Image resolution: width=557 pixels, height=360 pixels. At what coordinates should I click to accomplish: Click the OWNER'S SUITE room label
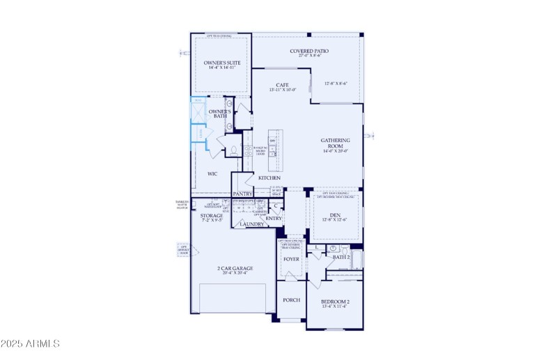pos(222,63)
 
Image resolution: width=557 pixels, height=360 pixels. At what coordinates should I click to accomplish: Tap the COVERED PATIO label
pos(309,51)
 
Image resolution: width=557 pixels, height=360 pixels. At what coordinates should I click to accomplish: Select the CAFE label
pos(282,85)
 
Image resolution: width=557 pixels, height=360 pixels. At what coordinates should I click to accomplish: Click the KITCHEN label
pos(269,178)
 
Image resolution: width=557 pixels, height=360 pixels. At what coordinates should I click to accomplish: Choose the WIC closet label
pos(212,174)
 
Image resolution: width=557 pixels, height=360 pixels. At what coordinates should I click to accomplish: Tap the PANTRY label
pos(242,194)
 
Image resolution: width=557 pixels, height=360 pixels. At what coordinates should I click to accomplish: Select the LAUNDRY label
pos(251,224)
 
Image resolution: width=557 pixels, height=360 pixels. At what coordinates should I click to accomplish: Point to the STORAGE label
pos(212,216)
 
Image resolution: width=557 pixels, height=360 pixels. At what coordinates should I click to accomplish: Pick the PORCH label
pos(291,300)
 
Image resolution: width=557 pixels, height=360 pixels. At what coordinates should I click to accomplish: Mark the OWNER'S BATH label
pos(219,114)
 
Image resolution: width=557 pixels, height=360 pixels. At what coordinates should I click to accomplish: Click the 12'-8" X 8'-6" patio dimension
pos(336,84)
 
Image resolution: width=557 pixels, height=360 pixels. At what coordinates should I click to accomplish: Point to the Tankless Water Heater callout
pos(182,203)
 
